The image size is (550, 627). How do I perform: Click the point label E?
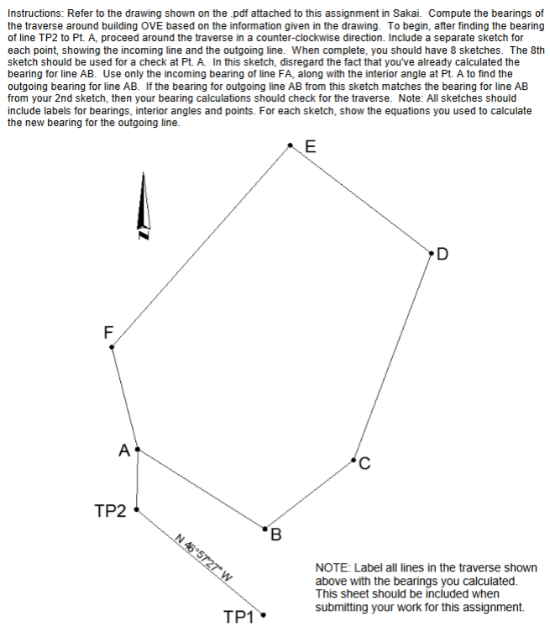(x=311, y=146)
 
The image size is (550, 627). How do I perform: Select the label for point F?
(x=107, y=331)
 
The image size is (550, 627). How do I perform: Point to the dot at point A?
(x=137, y=450)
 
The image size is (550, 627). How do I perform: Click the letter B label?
(x=276, y=535)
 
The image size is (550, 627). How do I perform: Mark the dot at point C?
(x=355, y=460)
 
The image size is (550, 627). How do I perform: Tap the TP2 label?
(x=110, y=510)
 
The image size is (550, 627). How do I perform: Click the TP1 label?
(x=240, y=616)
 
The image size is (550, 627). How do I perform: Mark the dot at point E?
(x=291, y=145)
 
